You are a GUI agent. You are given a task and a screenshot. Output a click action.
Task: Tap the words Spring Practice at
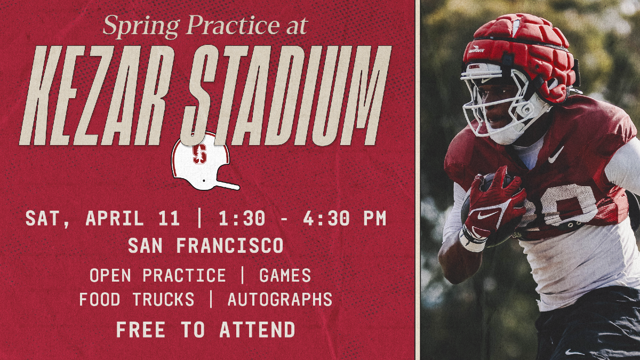205,25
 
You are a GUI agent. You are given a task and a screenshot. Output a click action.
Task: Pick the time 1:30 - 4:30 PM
302,219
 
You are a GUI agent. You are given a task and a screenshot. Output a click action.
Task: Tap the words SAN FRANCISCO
205,246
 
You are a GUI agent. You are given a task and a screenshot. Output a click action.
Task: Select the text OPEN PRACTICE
158,275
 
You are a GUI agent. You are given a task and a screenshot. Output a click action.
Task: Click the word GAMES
285,275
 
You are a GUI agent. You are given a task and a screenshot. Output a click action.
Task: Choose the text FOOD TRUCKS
137,300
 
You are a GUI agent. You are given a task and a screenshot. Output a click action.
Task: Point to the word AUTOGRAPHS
280,300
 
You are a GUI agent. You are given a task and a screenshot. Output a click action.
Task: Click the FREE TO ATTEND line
205,330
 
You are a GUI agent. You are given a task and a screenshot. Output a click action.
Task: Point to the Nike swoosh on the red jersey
556,155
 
